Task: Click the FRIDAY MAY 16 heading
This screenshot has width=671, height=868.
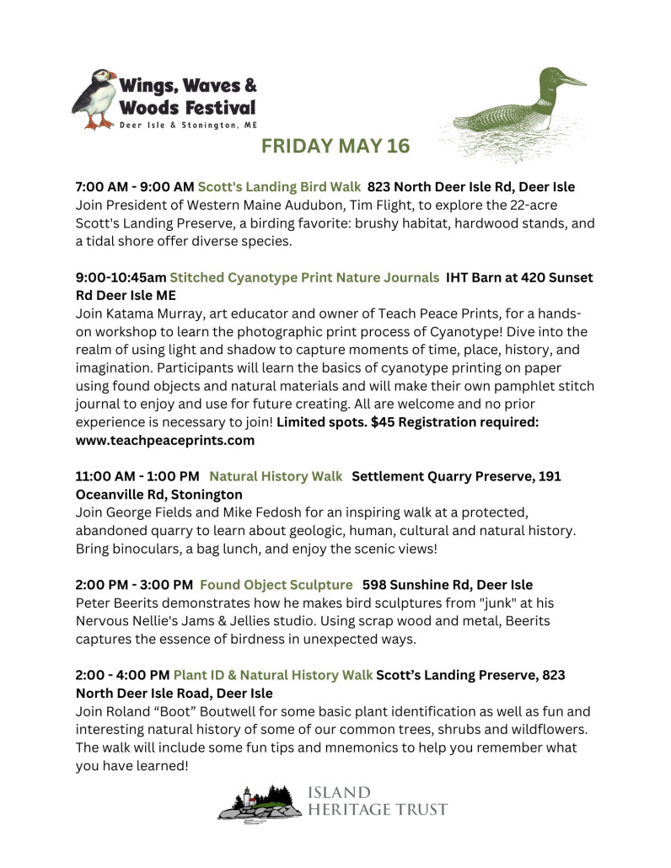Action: coord(335,147)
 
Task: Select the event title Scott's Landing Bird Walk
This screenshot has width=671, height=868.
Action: coord(279,186)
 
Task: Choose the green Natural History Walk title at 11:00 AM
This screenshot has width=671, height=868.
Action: coord(276,476)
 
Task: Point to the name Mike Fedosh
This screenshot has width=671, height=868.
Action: coord(262,513)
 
